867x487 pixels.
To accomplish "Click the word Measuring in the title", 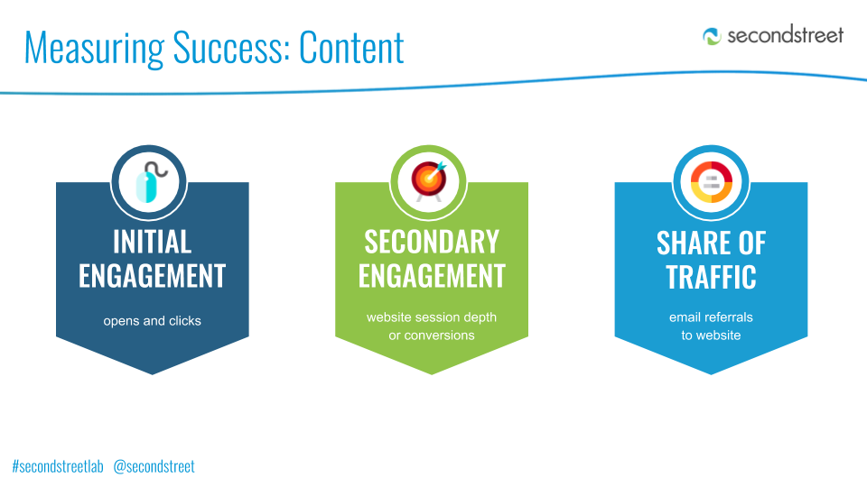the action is pos(95,49).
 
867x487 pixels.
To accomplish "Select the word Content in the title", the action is pos(351,48).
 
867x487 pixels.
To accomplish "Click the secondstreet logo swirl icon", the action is pos(712,36).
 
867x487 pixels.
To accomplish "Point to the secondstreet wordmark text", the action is pos(785,35).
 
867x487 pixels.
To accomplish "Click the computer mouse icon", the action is pos(151,181).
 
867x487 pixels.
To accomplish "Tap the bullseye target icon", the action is pos(429,181).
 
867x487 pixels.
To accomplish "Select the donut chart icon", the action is pos(711,182).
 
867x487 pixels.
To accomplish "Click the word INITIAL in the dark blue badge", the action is pos(152,242).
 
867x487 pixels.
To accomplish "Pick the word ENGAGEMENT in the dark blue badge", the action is pos(152,276).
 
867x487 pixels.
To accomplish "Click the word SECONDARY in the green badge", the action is pos(432,242).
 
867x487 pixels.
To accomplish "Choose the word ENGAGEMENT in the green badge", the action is pos(432,276).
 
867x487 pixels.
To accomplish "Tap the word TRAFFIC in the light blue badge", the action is pos(711,277).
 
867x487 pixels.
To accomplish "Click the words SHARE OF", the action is pos(711,243).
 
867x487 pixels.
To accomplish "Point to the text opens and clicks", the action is pos(152,321).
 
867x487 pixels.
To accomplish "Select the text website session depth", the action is pos(432,317).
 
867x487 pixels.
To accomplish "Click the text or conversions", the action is pos(432,335).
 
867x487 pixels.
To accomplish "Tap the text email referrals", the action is pos(711,317).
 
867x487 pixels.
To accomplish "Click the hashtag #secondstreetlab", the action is pos(58,466).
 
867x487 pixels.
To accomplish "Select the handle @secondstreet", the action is pos(154,466).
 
